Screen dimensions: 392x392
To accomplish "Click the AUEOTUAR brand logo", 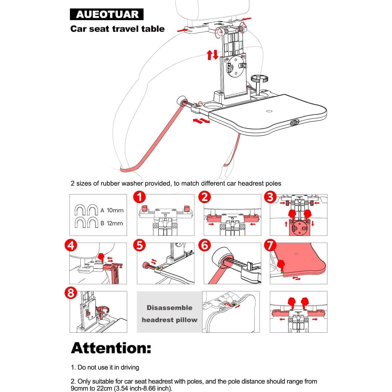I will point(107,14).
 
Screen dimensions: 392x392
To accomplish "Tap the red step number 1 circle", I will point(140,197).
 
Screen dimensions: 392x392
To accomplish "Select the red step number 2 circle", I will point(205,197).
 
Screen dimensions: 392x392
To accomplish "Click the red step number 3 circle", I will point(270,197).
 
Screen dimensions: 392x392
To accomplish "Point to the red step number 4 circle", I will point(71,246).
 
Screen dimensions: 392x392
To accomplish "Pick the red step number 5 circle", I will point(140,246).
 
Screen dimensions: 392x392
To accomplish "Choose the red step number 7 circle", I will point(270,246).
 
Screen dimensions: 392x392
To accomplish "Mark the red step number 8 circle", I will point(71,293).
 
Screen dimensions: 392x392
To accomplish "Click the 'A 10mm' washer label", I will point(112,210).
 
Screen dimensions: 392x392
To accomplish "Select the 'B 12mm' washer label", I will point(112,223).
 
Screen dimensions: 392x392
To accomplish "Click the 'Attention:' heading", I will point(111,348).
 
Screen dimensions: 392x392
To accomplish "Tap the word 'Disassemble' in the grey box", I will point(170,308).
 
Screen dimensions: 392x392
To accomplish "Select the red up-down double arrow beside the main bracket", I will point(212,55).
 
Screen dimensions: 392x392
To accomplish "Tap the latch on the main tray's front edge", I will point(294,122).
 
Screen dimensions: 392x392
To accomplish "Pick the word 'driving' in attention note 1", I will point(130,367).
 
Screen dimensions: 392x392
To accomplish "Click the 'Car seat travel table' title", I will point(117,29).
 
